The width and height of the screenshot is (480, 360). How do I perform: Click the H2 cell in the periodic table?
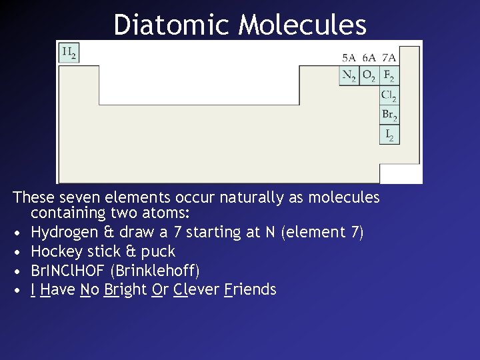69,53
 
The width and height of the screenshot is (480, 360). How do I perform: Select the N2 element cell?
349,76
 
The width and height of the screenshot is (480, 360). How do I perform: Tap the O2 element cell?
369,76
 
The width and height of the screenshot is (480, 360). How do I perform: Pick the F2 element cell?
389,76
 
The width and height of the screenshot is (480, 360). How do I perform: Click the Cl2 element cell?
389,95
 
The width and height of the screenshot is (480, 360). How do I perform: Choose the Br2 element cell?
389,115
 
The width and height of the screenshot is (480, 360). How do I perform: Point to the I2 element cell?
390,134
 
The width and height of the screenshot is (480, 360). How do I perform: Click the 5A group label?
349,58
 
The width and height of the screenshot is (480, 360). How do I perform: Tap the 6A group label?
369,58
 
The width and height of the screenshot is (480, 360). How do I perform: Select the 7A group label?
389,58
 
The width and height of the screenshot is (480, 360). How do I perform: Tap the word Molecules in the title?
303,25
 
